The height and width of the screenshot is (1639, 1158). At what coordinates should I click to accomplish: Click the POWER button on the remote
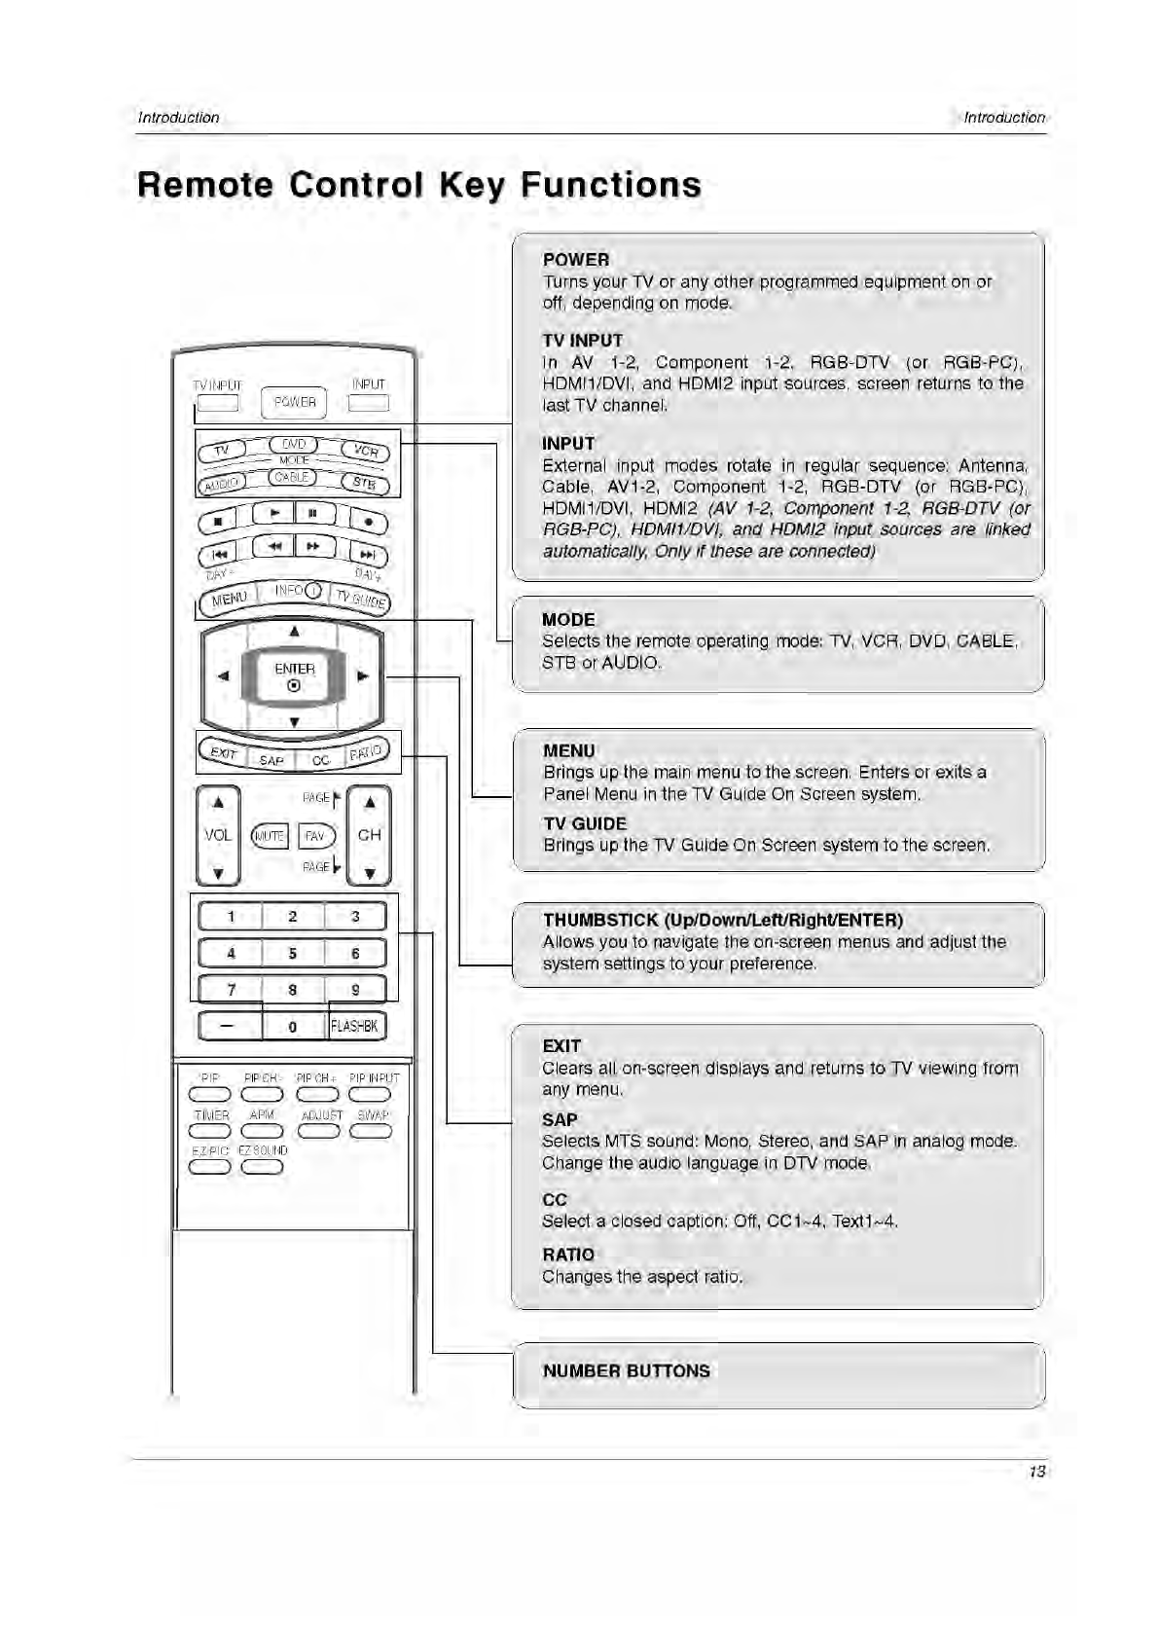click(x=294, y=402)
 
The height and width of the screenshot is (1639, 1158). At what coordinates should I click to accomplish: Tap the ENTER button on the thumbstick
click(x=294, y=674)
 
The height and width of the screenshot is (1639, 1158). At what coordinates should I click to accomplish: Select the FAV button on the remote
click(x=315, y=836)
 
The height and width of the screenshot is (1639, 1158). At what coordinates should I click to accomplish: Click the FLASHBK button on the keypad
click(x=355, y=1026)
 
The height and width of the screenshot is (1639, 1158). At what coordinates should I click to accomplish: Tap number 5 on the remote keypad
click(x=292, y=953)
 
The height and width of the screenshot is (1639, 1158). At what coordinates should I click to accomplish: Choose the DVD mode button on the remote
click(x=294, y=444)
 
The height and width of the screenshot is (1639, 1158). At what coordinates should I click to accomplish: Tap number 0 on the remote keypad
click(x=292, y=1026)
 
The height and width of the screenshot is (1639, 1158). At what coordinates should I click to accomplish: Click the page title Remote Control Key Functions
click(x=418, y=185)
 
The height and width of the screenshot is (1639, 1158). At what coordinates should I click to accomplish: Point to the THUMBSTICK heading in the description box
click(x=722, y=920)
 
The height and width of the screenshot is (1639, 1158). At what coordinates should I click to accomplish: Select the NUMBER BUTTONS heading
click(x=626, y=1370)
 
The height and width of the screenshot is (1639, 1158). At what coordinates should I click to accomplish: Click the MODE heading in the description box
click(x=568, y=619)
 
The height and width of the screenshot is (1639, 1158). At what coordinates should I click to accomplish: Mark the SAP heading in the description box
click(x=560, y=1119)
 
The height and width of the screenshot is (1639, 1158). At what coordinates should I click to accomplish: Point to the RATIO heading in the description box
click(x=568, y=1255)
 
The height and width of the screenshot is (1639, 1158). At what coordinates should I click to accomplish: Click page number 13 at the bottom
click(x=1036, y=1471)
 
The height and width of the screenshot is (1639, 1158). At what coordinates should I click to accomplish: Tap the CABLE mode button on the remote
click(x=292, y=477)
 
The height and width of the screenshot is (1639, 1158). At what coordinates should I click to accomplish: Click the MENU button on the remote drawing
click(x=230, y=598)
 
